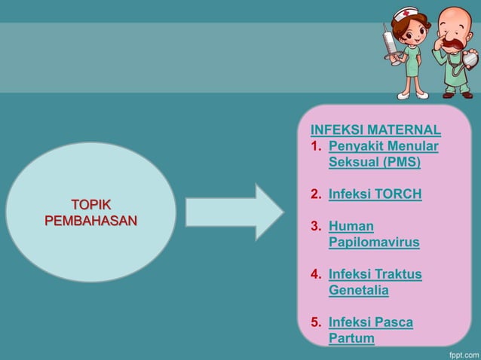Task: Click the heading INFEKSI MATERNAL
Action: tap(375, 129)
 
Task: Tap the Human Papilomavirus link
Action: tap(373, 234)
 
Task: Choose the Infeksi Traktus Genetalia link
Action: tap(375, 282)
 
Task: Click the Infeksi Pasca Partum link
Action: tap(370, 331)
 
